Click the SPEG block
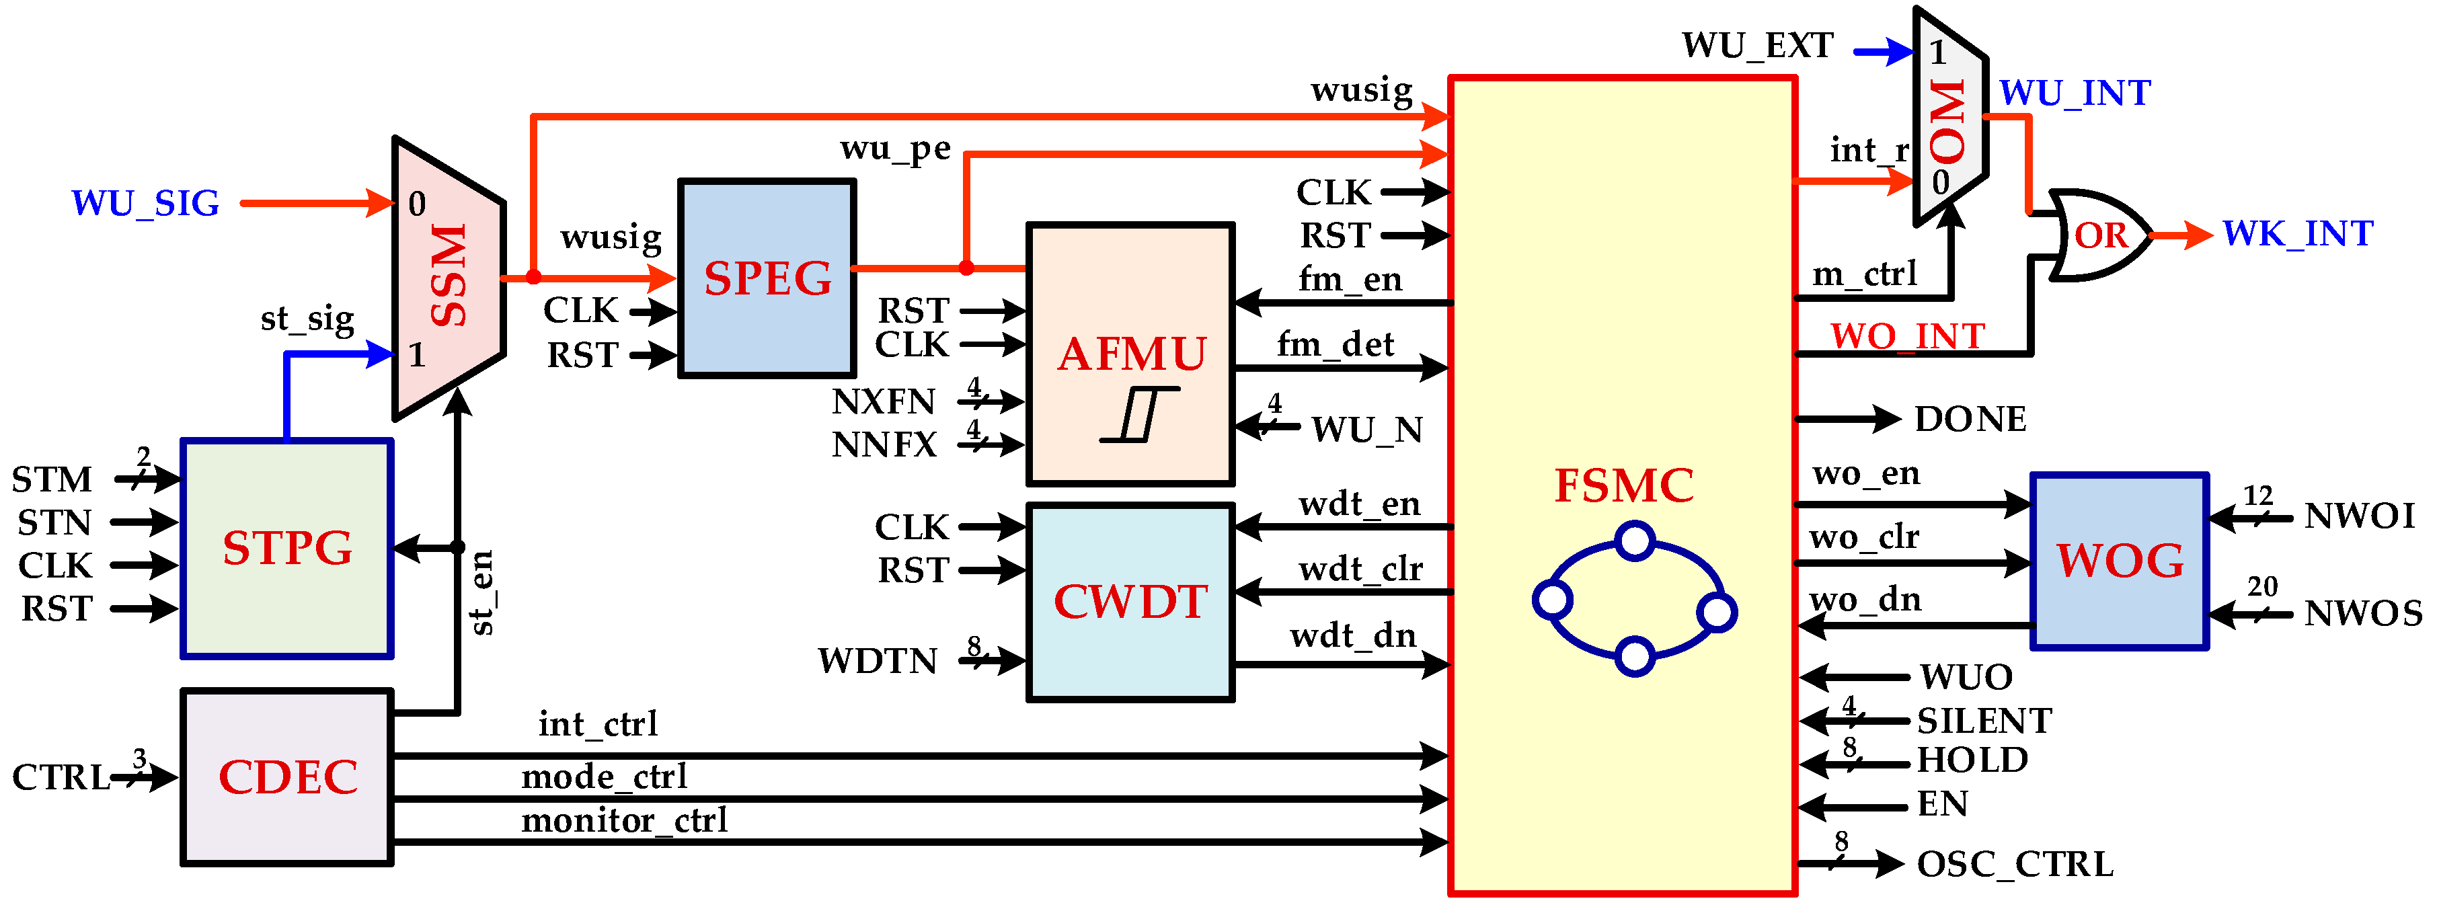point(767,278)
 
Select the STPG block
point(286,549)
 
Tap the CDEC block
point(286,777)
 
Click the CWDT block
point(1130,602)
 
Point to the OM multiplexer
point(1949,118)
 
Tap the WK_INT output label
point(2297,233)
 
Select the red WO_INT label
point(1907,335)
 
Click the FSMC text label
point(1623,486)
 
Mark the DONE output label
point(1970,419)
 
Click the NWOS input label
point(2362,614)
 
